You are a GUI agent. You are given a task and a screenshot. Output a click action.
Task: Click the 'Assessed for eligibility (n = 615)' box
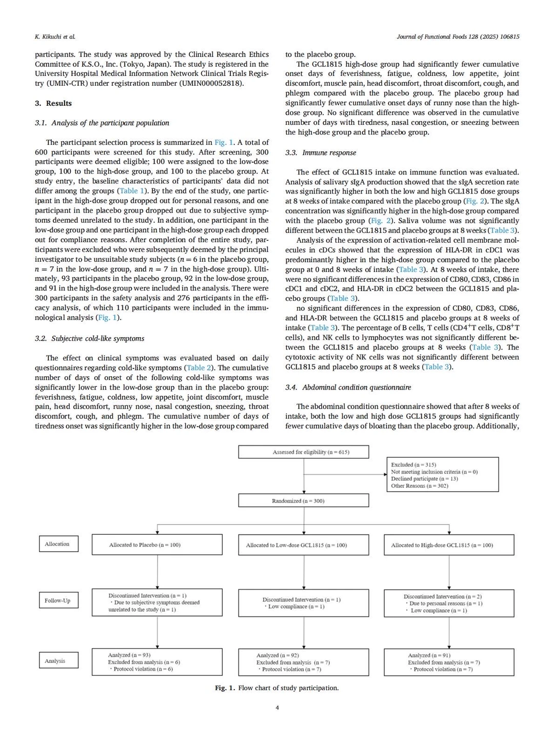pos(304,452)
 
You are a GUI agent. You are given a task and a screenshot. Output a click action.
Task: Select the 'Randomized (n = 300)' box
pos(304,501)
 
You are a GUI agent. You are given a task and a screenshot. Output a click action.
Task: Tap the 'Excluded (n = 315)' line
pos(413,464)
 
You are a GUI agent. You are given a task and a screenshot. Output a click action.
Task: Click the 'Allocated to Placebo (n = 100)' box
pos(157,544)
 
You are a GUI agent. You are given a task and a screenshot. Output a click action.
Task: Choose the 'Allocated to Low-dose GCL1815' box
pos(304,545)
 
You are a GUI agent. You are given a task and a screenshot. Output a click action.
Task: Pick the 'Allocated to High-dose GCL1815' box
pos(449,545)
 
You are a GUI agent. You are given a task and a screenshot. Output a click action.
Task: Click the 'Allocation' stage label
pos(58,544)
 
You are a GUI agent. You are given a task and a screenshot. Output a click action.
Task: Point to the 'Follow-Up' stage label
pos(58,600)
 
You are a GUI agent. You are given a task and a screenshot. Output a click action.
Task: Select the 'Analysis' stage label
pos(58,660)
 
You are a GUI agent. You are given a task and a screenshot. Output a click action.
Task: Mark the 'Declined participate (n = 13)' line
pos(424,479)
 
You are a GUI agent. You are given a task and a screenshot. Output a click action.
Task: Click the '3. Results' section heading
pos(53,103)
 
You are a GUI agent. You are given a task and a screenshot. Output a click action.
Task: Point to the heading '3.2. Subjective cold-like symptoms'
pos(89,338)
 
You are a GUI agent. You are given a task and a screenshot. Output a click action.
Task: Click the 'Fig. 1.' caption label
pos(225,688)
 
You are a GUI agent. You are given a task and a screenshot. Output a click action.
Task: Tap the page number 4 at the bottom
pos(277,708)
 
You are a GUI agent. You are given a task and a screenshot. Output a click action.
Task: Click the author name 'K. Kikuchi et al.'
pos(55,36)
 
